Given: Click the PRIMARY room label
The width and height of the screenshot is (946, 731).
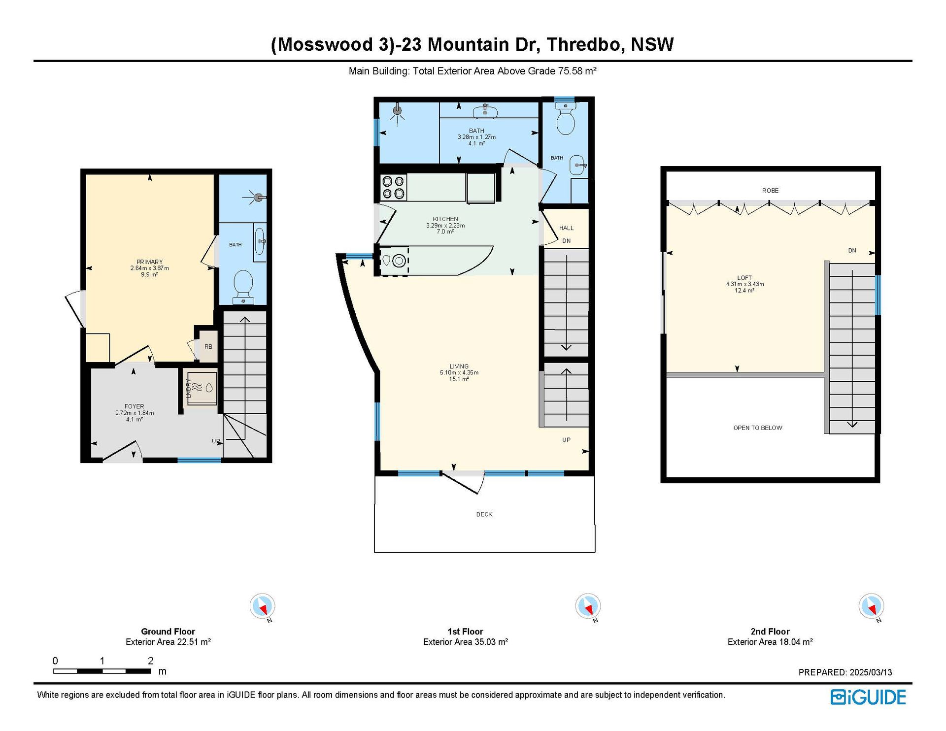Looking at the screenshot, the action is pyautogui.click(x=149, y=262).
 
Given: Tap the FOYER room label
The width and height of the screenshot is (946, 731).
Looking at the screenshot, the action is pyautogui.click(x=134, y=406).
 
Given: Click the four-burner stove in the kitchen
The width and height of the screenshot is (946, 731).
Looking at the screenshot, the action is pyautogui.click(x=393, y=187).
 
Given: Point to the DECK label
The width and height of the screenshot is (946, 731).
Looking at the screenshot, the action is pyautogui.click(x=484, y=514).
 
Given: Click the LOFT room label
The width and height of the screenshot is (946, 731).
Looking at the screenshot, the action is pyautogui.click(x=744, y=278).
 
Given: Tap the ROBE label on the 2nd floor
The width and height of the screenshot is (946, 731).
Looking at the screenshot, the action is pyautogui.click(x=770, y=191).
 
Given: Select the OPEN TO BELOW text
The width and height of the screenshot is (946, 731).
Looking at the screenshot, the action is pyautogui.click(x=758, y=428).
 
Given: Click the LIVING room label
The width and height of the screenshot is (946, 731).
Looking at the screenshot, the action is pyautogui.click(x=459, y=366).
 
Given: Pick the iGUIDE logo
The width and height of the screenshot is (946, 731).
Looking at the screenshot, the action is pyautogui.click(x=868, y=697).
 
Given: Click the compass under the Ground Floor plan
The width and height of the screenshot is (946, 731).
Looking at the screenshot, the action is pyautogui.click(x=262, y=606).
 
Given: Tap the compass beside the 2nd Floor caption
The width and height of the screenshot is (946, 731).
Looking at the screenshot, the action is pyautogui.click(x=871, y=606).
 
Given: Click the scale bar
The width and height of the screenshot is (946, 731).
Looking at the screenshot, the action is pyautogui.click(x=102, y=671).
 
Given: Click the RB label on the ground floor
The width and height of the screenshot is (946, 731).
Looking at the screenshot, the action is pyautogui.click(x=208, y=347).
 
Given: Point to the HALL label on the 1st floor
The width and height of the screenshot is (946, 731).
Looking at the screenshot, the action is pyautogui.click(x=567, y=228).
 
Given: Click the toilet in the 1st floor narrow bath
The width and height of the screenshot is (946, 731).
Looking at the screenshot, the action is pyautogui.click(x=566, y=120).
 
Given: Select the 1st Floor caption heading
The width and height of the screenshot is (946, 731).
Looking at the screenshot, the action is pyautogui.click(x=465, y=631).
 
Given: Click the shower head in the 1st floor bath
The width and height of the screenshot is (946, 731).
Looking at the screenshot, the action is pyautogui.click(x=397, y=111).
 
